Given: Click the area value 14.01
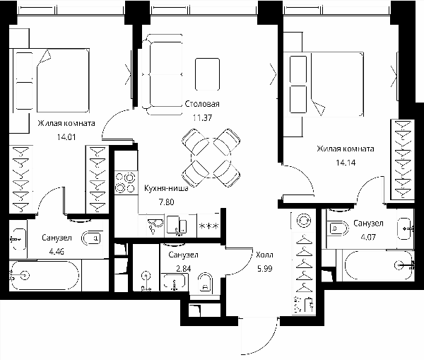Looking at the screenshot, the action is [x=66, y=137].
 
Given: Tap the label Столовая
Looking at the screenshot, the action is [x=202, y=104].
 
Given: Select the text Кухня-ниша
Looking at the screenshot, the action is [x=166, y=188].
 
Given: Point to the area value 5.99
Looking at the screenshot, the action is [x=265, y=269].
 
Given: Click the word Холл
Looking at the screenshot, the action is [x=264, y=255].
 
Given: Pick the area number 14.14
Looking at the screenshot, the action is [x=346, y=163].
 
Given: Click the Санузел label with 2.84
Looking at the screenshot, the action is [x=183, y=255].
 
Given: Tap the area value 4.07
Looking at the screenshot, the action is [x=368, y=237].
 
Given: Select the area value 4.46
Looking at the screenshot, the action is [x=57, y=252].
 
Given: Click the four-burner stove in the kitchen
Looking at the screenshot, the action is [x=126, y=182].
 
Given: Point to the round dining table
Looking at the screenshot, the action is [x=211, y=158].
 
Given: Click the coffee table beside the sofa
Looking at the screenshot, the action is [x=207, y=74].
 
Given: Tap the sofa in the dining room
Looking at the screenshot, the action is [x=162, y=74].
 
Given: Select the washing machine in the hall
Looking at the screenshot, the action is [x=304, y=221].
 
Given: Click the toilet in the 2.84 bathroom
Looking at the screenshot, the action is [x=205, y=283].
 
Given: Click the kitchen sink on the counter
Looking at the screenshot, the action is [x=155, y=226].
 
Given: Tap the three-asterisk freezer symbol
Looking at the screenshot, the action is [x=208, y=226].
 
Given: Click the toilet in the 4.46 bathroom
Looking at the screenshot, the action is [x=92, y=238].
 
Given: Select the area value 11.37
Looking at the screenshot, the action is [x=202, y=117].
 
